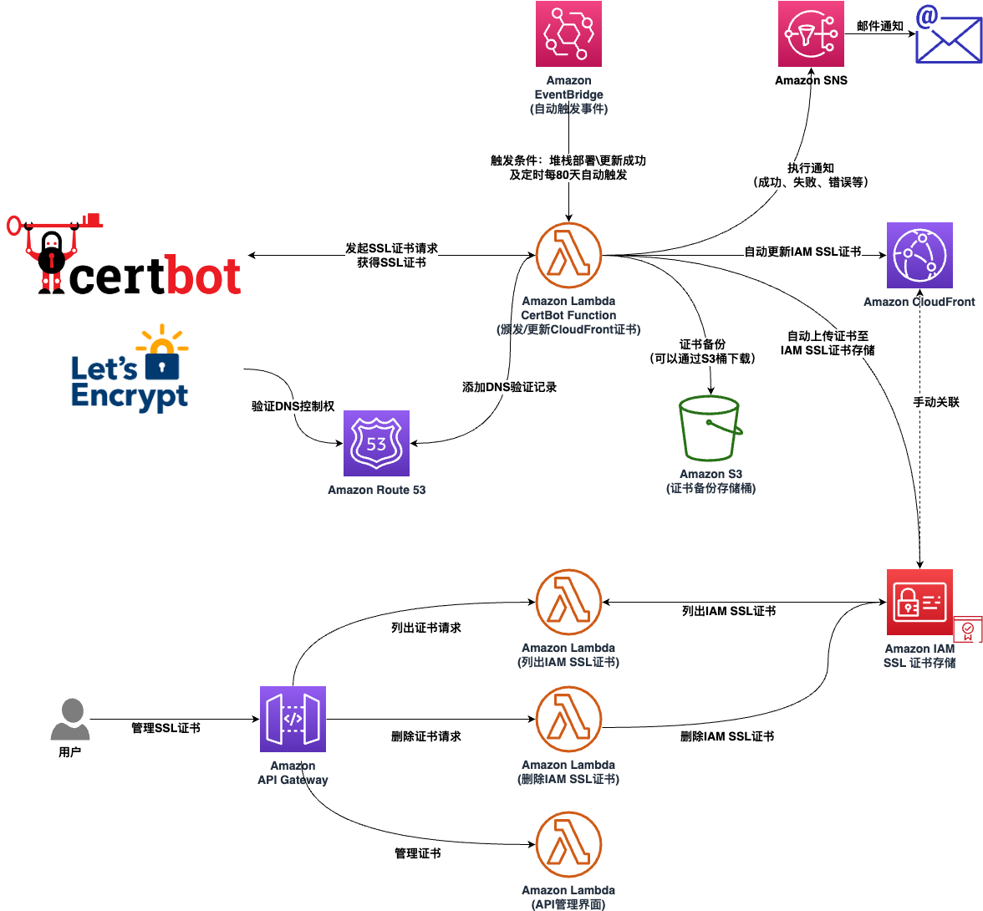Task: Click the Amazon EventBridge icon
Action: (568, 34)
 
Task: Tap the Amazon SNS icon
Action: (811, 34)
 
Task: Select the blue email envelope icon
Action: (948, 35)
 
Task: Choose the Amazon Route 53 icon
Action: (376, 443)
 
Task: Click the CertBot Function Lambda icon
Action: (568, 256)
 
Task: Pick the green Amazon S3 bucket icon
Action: (711, 428)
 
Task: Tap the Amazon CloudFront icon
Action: (919, 255)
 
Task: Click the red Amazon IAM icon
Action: (919, 603)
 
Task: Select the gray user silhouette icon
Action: (70, 720)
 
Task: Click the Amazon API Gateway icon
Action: (293, 720)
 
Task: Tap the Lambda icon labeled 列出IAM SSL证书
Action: (568, 603)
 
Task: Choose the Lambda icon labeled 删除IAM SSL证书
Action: (568, 720)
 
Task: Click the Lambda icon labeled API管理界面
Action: (568, 845)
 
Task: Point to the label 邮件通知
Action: (880, 27)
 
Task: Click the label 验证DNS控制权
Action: (293, 406)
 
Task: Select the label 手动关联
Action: (936, 402)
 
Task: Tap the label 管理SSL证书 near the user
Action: (166, 728)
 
